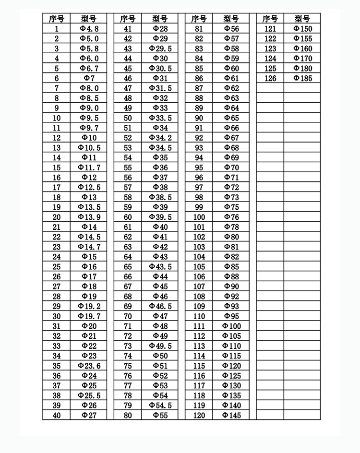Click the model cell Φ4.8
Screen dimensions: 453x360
(89, 29)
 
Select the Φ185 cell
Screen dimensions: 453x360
(302, 78)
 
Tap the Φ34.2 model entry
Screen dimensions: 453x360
(160, 138)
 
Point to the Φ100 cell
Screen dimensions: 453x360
(231, 326)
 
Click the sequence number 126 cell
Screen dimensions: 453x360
(270, 78)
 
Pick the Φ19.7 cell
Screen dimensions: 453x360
(89, 316)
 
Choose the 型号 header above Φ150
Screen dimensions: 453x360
(302, 19)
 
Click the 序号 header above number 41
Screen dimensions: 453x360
(128, 19)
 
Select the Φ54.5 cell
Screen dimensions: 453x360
(160, 405)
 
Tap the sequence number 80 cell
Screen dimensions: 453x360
(128, 416)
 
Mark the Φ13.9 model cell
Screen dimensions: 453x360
(89, 217)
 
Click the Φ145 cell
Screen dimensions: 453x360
(231, 416)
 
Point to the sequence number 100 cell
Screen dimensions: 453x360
(199, 217)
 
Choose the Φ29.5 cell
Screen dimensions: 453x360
(160, 48)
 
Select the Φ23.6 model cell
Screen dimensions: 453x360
(89, 366)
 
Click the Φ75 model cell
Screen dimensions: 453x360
(231, 207)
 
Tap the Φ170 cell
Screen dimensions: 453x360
(302, 59)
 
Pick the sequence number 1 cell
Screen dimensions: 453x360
(57, 29)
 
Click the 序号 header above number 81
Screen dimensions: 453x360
(199, 19)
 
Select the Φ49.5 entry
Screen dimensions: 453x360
(160, 346)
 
